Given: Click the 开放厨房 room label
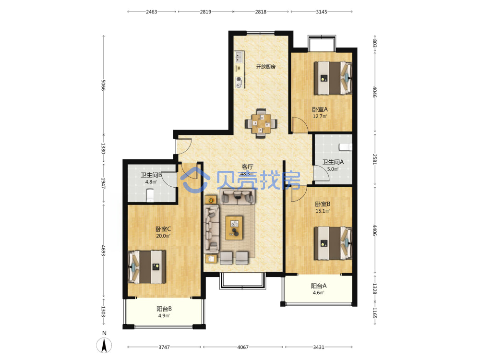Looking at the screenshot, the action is pyautogui.click(x=266, y=66).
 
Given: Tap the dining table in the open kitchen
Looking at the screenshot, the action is pyautogui.click(x=261, y=123).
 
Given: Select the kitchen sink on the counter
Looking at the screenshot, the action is pyautogui.click(x=239, y=57).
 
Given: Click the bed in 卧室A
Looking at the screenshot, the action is pyautogui.click(x=333, y=78).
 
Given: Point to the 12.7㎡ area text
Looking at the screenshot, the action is pyautogui.click(x=320, y=116).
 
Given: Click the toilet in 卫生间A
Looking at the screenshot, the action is pyautogui.click(x=346, y=147).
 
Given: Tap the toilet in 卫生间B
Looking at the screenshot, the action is pyautogui.click(x=150, y=195).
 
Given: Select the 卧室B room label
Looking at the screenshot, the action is pyautogui.click(x=323, y=204).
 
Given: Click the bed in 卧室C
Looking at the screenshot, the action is pyautogui.click(x=147, y=267).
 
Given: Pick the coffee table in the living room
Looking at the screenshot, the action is pyautogui.click(x=234, y=228).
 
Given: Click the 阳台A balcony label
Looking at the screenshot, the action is pyautogui.click(x=319, y=286).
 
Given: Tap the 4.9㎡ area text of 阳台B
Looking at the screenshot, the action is pyautogui.click(x=164, y=316).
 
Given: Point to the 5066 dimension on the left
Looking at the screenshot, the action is pyautogui.click(x=103, y=85).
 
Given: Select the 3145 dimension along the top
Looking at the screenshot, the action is pyautogui.click(x=322, y=12).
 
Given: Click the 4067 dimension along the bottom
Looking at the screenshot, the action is pyautogui.click(x=243, y=347).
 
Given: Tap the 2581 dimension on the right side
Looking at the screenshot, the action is pyautogui.click(x=374, y=159).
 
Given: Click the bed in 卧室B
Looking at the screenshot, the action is pyautogui.click(x=333, y=243).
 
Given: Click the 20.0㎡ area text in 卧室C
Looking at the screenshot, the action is pyautogui.click(x=163, y=236).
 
